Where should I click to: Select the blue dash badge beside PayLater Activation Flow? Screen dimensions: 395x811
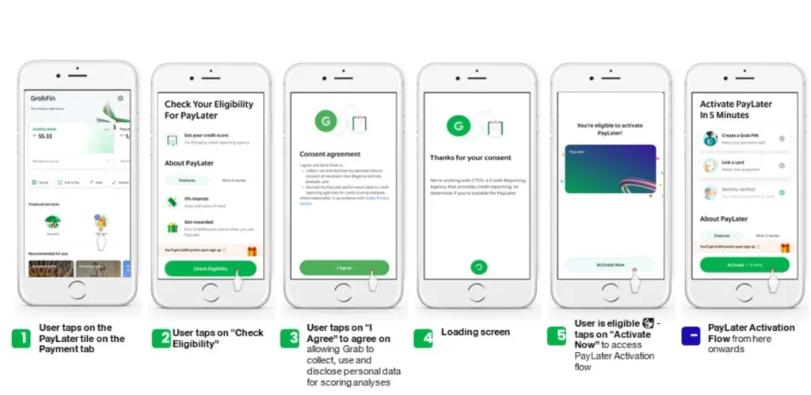[x=691, y=336]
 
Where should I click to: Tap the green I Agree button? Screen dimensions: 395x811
[x=344, y=268]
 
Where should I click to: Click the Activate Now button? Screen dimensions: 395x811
[x=610, y=264]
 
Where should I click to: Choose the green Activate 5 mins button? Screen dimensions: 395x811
[x=744, y=264]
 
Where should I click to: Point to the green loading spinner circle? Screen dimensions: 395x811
[x=478, y=268]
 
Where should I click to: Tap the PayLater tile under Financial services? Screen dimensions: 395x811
[x=101, y=224]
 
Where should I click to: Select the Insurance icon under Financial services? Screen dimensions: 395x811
[x=53, y=224]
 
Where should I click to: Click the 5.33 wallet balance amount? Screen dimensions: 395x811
[x=44, y=136]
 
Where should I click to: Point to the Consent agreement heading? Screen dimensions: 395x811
[x=329, y=154]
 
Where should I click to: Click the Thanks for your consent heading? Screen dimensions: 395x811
[x=470, y=158]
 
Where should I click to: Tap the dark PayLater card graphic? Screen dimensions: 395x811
[x=610, y=169]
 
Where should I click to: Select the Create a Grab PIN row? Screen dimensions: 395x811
[x=744, y=139]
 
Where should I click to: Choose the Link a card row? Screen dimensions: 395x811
[x=744, y=165]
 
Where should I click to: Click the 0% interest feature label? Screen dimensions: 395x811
[x=196, y=199]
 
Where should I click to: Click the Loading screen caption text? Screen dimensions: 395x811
[x=475, y=332]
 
